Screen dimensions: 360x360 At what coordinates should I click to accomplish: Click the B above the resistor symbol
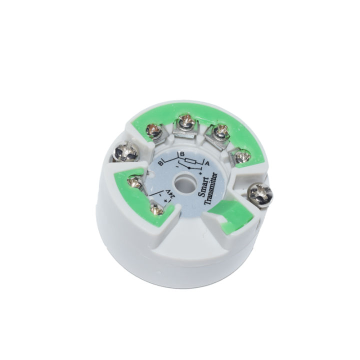[x=182, y=153]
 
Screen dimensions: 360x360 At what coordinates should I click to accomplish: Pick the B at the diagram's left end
[x=161, y=163]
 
